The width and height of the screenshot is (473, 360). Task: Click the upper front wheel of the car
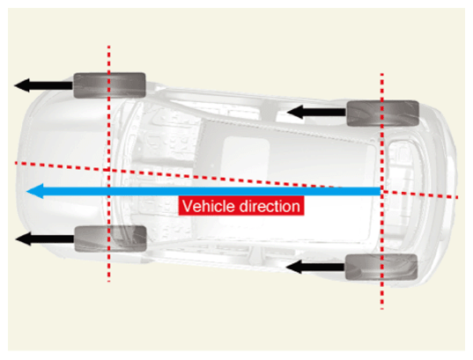click(x=109, y=85)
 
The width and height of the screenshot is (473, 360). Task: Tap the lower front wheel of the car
click(x=110, y=239)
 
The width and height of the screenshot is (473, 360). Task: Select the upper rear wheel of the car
click(x=383, y=113)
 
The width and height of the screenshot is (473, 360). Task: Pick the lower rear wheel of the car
click(x=381, y=267)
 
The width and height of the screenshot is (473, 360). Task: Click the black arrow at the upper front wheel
click(x=44, y=85)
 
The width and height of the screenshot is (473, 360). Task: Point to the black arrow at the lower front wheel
click(x=45, y=239)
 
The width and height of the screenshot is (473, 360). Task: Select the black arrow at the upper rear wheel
click(x=316, y=112)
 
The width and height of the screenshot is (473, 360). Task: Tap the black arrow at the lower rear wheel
click(x=315, y=267)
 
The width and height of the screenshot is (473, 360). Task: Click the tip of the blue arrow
click(x=26, y=191)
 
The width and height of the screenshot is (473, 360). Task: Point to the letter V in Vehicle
click(x=187, y=207)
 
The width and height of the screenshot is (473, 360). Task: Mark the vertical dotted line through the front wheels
click(x=109, y=164)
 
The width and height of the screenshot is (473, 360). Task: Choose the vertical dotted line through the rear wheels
click(x=382, y=191)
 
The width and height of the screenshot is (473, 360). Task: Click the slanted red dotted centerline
click(x=237, y=180)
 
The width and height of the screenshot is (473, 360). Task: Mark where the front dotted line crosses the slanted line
click(x=109, y=171)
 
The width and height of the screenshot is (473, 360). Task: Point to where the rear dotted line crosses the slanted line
click(x=382, y=192)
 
